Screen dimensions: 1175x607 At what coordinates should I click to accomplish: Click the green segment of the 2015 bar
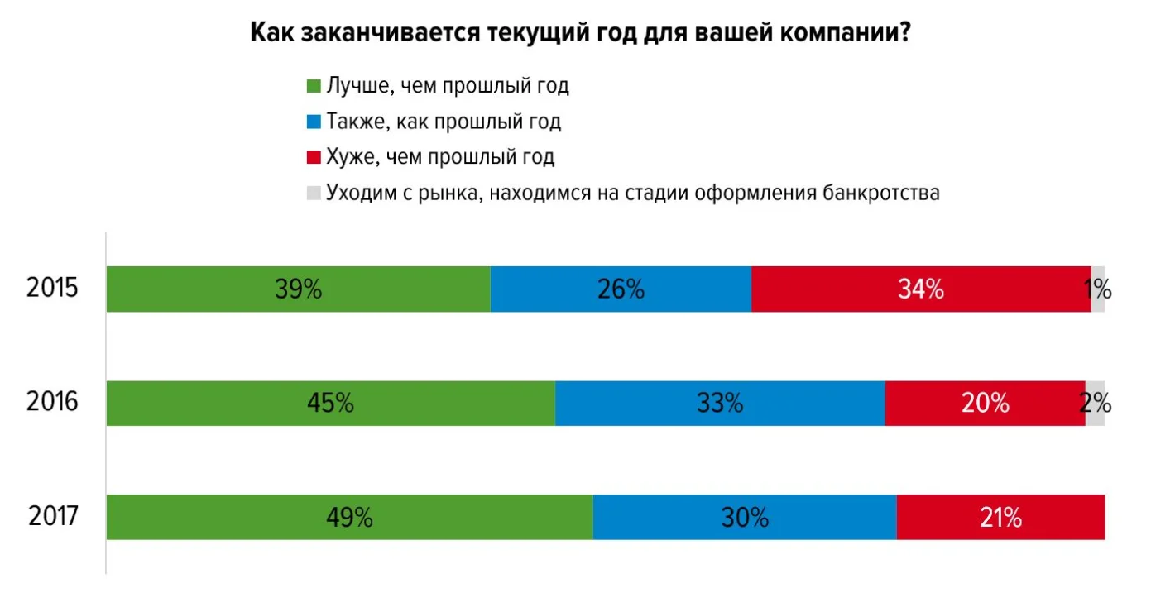tap(298, 289)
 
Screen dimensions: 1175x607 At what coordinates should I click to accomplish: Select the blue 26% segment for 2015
tap(621, 289)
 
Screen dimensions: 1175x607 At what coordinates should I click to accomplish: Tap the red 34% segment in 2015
tap(921, 289)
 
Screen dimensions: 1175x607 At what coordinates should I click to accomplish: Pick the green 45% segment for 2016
tap(330, 404)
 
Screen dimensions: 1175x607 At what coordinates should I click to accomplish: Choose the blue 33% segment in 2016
tap(720, 404)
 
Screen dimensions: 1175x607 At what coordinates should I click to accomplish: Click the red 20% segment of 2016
tap(985, 404)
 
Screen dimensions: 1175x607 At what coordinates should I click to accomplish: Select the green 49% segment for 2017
tap(349, 518)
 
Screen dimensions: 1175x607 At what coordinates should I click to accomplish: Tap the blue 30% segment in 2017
tap(745, 518)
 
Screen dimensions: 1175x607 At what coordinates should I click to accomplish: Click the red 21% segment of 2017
tap(1001, 518)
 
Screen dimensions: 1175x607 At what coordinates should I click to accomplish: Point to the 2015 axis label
tap(52, 289)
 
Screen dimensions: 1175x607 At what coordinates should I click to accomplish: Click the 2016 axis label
tap(52, 404)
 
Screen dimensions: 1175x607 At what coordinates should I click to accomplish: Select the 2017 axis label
tap(53, 518)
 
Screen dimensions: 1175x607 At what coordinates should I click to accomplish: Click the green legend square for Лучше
tap(314, 86)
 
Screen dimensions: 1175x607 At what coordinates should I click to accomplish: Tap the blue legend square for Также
tap(314, 122)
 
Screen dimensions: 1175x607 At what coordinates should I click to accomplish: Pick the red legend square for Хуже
tap(314, 158)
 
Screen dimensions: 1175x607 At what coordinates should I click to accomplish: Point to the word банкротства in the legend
tap(881, 194)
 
